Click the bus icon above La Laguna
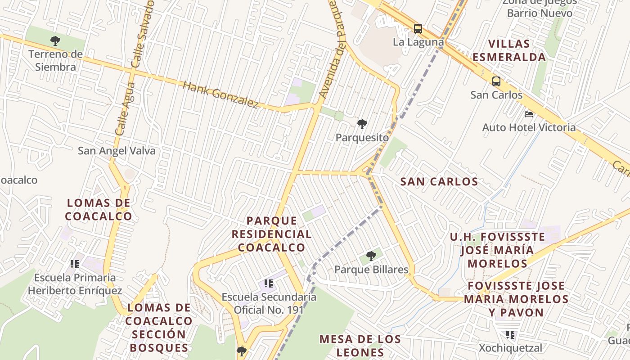[x=418, y=29]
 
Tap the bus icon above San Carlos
[x=496, y=81]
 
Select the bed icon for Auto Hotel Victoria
[x=529, y=114]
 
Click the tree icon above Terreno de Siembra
[x=55, y=41]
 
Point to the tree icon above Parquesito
[x=362, y=124]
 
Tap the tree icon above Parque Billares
[x=371, y=256]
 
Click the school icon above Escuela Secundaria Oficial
[x=269, y=283]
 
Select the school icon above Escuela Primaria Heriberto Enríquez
[x=75, y=264]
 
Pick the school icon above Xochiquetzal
[x=510, y=335]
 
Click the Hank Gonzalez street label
[x=220, y=94]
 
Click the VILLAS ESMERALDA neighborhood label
[x=509, y=50]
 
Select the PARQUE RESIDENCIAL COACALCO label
[x=271, y=234]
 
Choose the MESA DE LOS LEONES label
[x=360, y=346]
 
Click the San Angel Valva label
[x=117, y=151]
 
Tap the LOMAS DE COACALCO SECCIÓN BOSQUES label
[x=159, y=328]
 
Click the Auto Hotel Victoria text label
[x=529, y=127]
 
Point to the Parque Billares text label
[x=371, y=270]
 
